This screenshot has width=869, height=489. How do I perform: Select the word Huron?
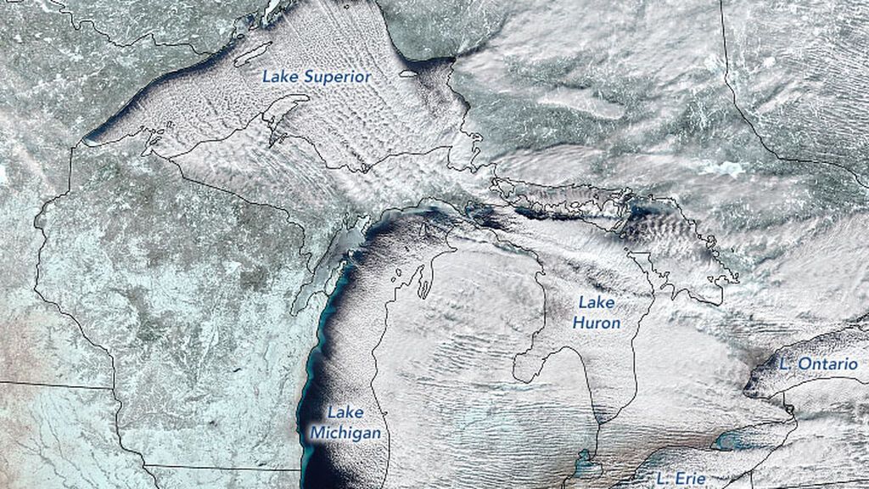coord(596,323)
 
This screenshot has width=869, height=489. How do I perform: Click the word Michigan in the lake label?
coord(345,433)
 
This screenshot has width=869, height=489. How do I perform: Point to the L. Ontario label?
coord(818,363)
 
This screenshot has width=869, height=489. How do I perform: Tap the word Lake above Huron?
coord(596,302)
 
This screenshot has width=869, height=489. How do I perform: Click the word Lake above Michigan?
coord(345,413)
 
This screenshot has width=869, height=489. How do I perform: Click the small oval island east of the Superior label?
coord(408,73)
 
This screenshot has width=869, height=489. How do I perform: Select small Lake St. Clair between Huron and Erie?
coord(584,465)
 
